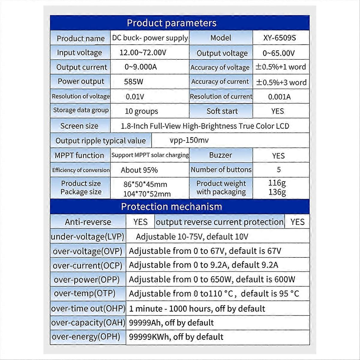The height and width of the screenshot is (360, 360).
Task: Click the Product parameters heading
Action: coord(171,23)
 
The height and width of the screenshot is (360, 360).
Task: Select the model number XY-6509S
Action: coord(279,38)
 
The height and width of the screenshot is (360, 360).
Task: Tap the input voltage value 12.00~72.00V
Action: coord(143,53)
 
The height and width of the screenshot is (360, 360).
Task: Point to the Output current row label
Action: coord(82,67)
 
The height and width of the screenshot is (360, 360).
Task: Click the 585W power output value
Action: coord(133,82)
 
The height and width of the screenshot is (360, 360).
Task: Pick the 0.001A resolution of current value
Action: coord(279,97)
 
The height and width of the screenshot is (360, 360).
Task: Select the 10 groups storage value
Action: coord(141,111)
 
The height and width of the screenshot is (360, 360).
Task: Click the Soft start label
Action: coord(222,111)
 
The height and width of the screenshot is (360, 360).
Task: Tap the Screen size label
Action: coord(79,126)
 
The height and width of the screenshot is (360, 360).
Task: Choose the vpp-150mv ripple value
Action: coord(189,140)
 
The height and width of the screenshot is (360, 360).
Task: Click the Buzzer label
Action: coord(220,155)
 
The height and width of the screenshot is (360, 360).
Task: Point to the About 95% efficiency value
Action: coord(139,170)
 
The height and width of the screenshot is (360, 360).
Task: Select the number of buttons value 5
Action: coord(279,170)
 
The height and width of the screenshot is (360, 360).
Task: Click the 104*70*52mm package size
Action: coord(147,194)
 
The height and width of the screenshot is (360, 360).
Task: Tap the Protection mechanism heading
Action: coord(171,207)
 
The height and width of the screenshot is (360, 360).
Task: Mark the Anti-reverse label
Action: coord(88,222)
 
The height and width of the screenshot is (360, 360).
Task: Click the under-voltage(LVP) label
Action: coord(88,237)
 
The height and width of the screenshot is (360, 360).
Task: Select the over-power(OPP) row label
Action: coord(87,280)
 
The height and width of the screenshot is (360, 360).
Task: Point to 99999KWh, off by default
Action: coord(176,337)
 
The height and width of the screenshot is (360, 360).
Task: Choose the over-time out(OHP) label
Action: coord(88,309)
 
